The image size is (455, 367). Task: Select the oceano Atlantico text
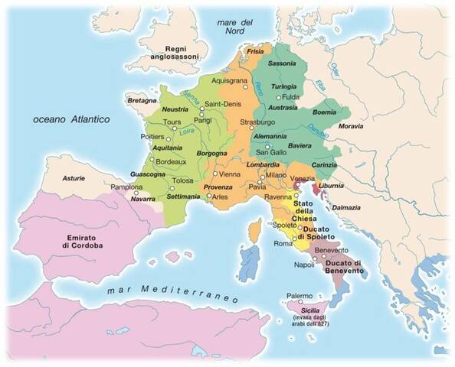pos(67,119)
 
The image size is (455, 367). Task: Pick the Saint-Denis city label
pos(223,104)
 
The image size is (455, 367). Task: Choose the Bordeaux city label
pos(171,161)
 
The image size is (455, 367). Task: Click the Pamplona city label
pos(127,186)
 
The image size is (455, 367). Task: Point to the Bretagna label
pos(141,100)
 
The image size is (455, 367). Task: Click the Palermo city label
pos(300,296)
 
